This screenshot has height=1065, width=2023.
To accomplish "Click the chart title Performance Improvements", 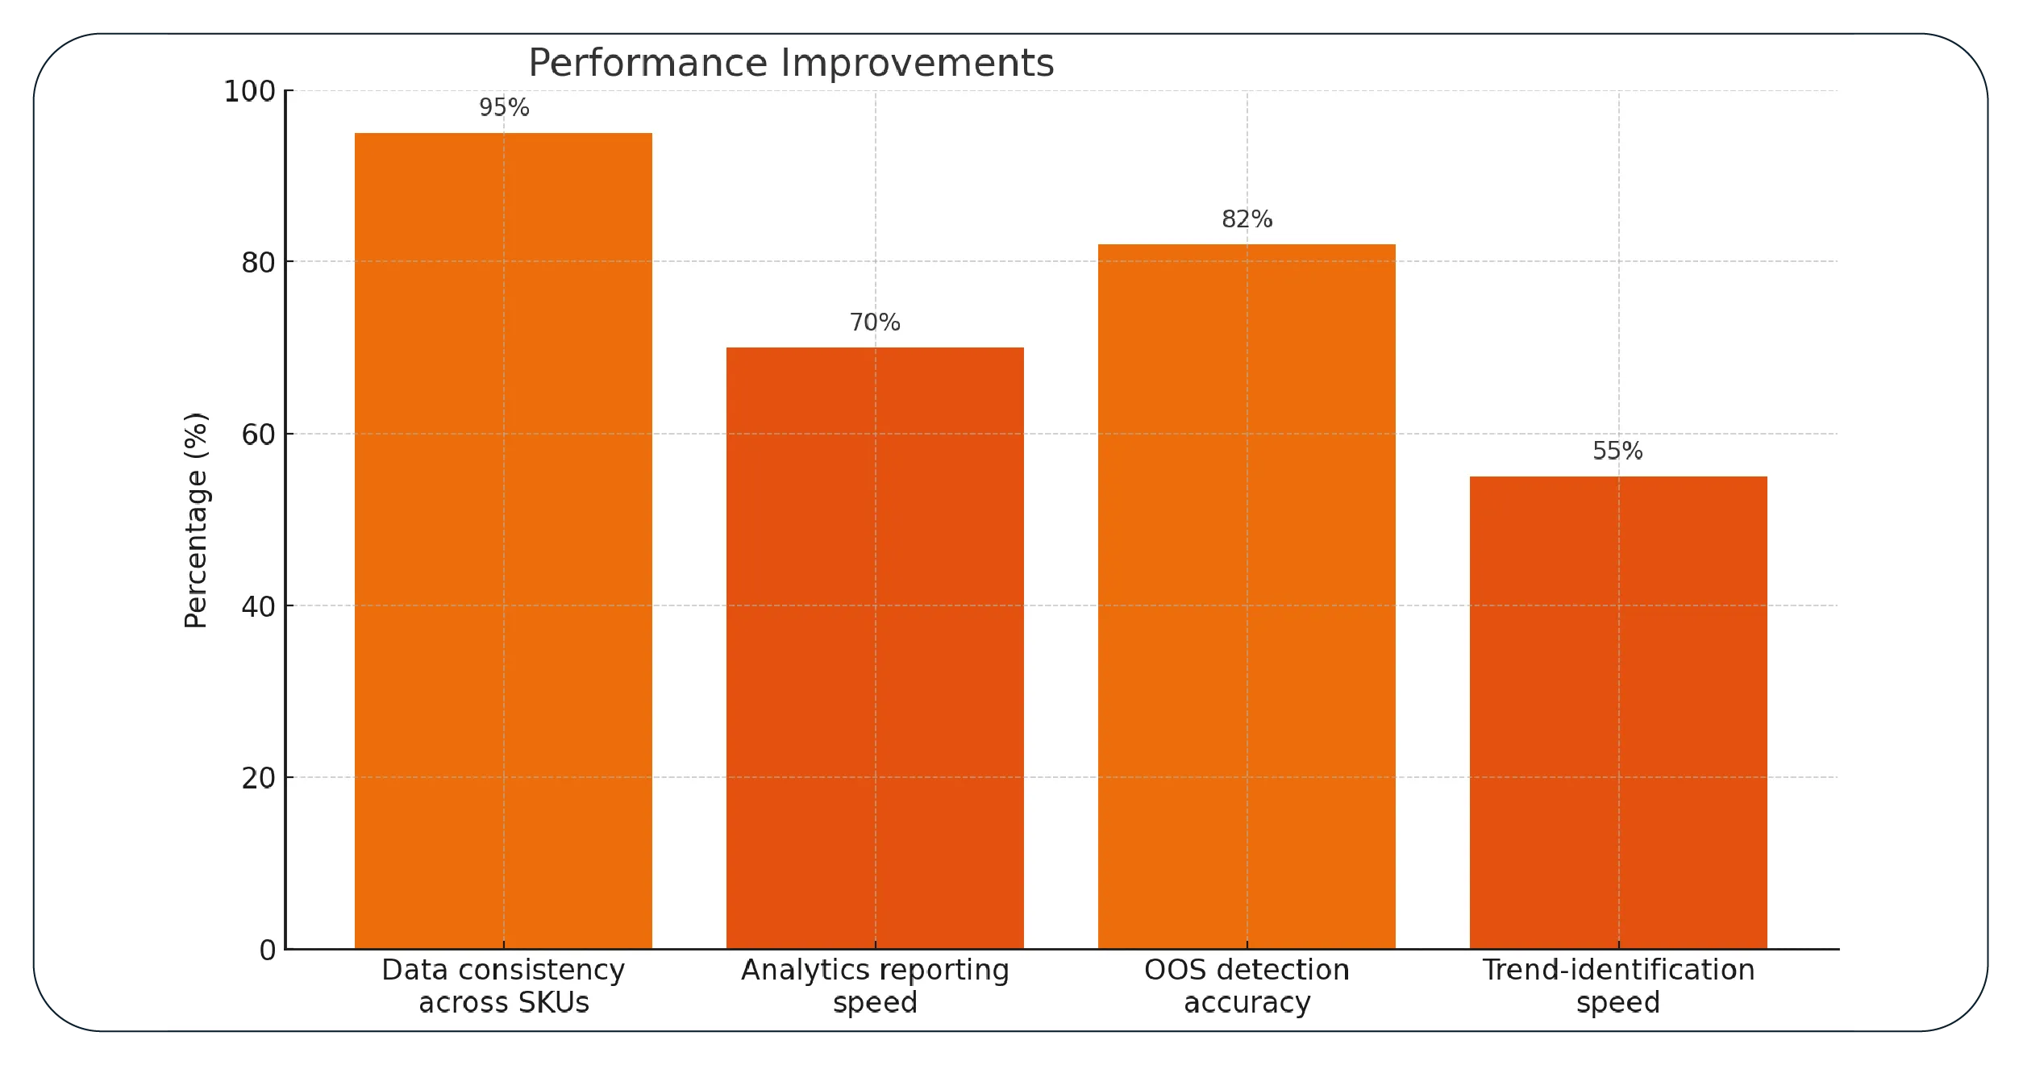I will [x=790, y=63].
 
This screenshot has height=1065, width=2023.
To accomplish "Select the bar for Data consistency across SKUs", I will [x=503, y=540].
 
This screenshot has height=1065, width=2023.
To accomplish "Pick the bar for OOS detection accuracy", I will [x=1247, y=596].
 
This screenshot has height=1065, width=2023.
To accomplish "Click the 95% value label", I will [x=504, y=107].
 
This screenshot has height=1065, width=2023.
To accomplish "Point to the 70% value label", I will [x=875, y=322].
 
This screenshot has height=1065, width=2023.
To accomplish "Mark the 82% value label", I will [x=1247, y=219].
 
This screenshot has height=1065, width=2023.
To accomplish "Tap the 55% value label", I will [x=1617, y=451].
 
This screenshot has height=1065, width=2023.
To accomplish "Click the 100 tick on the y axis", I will [x=249, y=91].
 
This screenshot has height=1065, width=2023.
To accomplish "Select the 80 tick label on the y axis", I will [x=258, y=263].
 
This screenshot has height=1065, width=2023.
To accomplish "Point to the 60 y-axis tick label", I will [x=258, y=435].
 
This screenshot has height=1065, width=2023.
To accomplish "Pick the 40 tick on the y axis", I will [x=258, y=606].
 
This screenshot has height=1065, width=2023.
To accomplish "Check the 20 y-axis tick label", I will [x=258, y=778].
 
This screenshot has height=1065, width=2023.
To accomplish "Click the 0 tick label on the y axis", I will [x=267, y=950].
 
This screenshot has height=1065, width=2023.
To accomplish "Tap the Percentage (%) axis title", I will [x=196, y=520].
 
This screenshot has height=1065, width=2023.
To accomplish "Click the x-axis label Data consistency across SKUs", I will [x=503, y=985].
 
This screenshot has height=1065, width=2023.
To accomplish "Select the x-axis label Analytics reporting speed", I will [x=875, y=985].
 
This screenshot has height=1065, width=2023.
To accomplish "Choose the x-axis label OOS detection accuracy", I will [x=1247, y=985].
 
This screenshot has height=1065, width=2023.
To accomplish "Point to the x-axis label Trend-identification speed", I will [x=1618, y=985].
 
